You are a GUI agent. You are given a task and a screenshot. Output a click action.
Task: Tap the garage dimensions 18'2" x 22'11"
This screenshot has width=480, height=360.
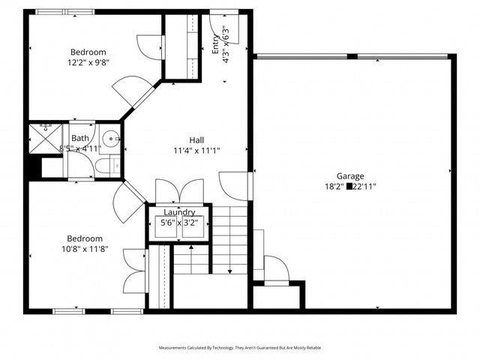click(351, 186)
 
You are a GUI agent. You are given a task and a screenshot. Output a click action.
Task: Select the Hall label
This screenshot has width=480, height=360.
click(196, 139)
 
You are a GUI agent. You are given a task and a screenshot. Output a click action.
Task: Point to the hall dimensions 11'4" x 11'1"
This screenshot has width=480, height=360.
click(196, 150)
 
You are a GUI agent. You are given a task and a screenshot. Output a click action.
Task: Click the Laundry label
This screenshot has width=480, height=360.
click(179, 212)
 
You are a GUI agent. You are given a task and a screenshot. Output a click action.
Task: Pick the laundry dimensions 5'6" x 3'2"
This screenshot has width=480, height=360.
click(179, 223)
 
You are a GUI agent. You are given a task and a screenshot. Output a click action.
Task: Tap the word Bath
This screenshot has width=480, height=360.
click(79, 138)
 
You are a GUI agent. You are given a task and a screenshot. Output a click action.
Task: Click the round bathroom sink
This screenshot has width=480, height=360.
click(111, 138)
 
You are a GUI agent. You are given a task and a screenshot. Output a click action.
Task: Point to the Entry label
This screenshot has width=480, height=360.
click(216, 45)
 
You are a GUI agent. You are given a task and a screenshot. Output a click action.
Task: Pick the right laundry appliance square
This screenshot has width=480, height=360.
click(194, 229)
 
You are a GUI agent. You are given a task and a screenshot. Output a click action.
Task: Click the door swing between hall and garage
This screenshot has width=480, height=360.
click(234, 184)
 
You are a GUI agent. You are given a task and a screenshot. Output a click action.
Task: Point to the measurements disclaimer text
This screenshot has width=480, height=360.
click(239, 348)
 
